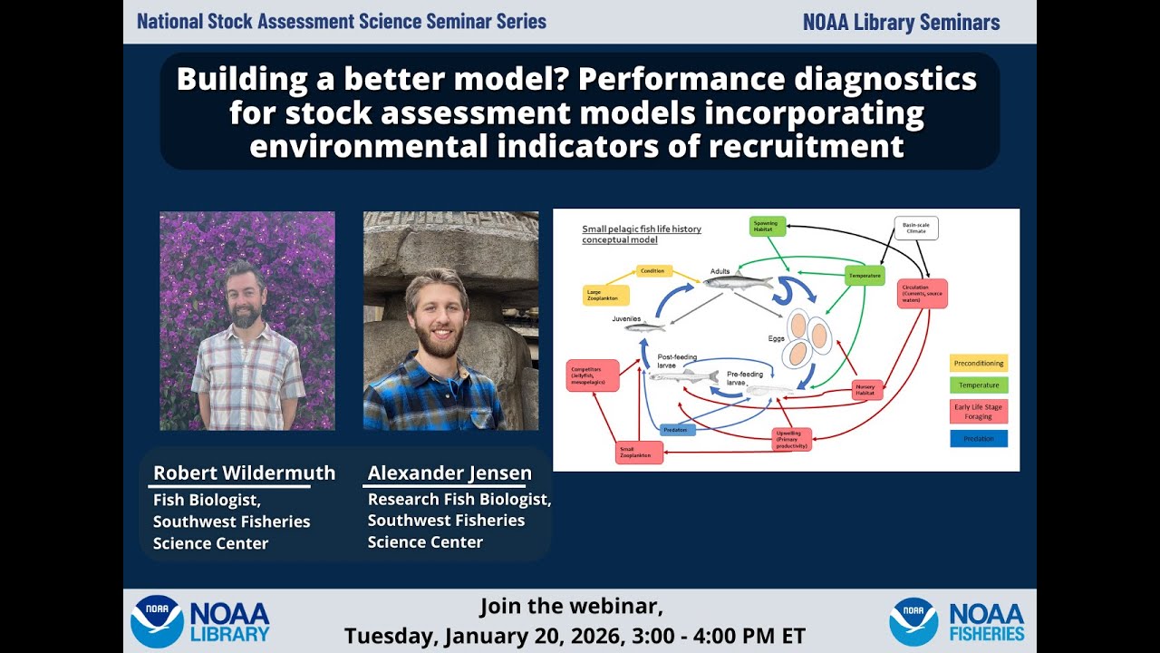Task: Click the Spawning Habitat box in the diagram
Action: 767,227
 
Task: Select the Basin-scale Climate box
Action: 915,228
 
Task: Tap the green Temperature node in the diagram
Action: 864,275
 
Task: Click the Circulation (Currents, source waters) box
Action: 922,294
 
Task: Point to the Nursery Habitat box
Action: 865,390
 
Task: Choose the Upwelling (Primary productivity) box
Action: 791,439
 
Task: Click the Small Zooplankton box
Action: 639,452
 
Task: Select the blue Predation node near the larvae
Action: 677,430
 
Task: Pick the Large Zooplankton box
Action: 604,295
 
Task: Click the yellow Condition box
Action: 652,270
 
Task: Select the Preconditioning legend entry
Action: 979,364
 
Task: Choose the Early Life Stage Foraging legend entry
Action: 979,412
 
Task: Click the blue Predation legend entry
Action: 979,439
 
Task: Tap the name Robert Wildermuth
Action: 244,473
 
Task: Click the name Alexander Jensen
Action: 449,473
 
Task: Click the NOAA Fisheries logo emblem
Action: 913,621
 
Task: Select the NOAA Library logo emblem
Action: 157,621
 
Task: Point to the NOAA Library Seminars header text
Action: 901,23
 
